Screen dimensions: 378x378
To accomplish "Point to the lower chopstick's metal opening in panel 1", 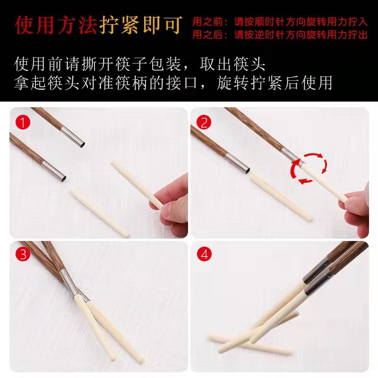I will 60,177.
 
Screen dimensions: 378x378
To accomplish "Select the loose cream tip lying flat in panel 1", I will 99,213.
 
